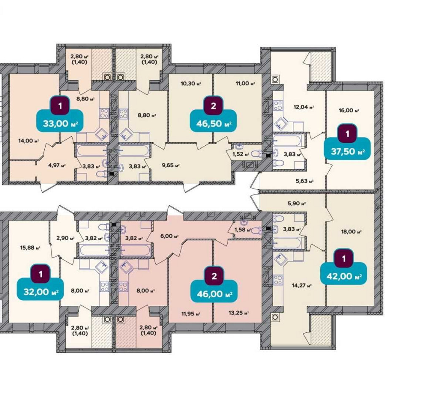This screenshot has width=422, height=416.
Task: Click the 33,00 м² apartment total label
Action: [60, 124]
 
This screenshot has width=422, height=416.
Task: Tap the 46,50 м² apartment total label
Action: [214, 124]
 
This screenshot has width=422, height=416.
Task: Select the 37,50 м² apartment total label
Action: [348, 152]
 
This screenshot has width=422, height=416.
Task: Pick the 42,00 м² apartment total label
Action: [344, 277]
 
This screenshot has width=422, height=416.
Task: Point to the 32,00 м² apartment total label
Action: [41, 292]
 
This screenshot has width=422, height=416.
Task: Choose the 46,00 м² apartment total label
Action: [214, 294]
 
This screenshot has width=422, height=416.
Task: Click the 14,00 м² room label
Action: [29, 141]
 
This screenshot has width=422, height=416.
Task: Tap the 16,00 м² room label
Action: [349, 111]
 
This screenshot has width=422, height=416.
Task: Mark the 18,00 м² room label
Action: [351, 232]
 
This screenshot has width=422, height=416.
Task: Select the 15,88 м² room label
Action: [30, 247]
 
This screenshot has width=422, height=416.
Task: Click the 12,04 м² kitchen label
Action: [303, 107]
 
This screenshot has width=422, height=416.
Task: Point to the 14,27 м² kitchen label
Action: [301, 285]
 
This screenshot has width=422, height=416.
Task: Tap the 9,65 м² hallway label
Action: [170, 165]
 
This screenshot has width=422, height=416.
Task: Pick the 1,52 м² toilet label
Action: [241, 154]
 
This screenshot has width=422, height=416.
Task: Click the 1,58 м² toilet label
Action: [243, 230]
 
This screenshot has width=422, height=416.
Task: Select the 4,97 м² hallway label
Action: [57, 165]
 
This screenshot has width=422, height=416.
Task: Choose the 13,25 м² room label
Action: [238, 313]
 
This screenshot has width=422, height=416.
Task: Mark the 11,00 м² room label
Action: [245, 84]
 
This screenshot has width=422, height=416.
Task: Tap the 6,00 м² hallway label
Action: [170, 236]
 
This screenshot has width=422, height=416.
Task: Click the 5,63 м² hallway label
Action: [305, 181]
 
